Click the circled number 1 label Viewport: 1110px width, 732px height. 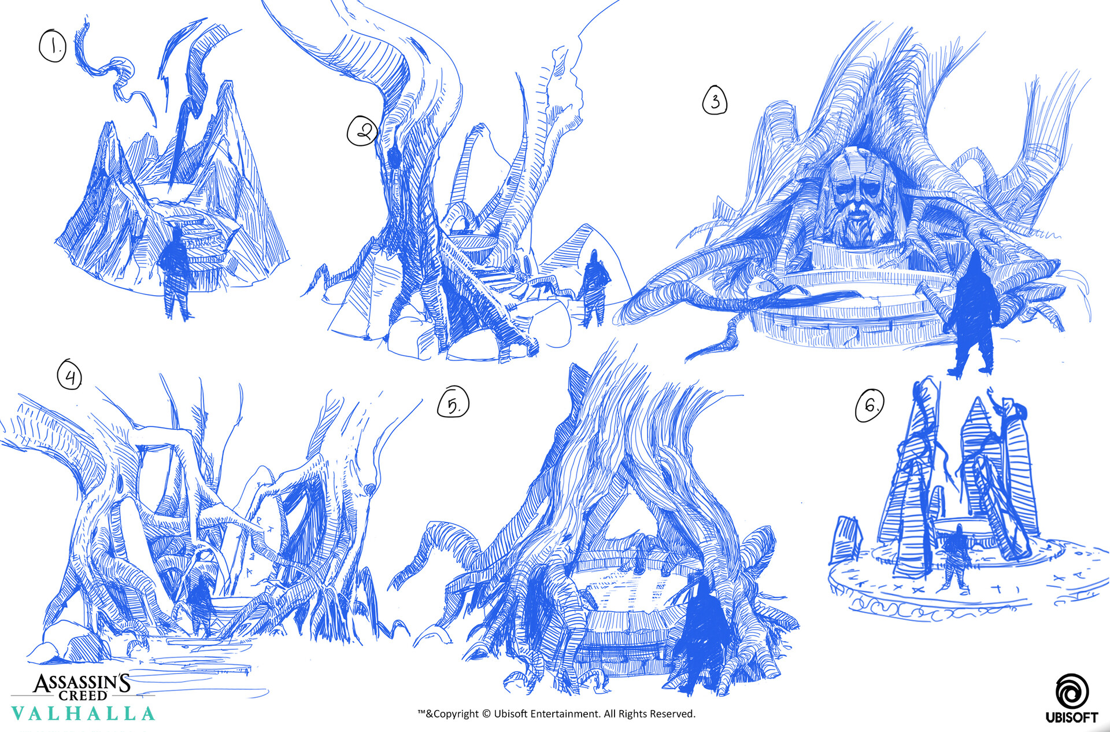(x=53, y=46)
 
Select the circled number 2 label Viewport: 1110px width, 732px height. (x=362, y=131)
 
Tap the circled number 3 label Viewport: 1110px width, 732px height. (x=715, y=101)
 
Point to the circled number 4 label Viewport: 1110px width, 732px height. (x=69, y=375)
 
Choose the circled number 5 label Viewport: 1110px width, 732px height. (x=454, y=403)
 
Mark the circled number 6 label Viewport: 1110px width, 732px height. (x=869, y=405)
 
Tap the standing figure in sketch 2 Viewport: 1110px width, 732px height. (x=593, y=287)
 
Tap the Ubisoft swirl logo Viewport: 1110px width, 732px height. (x=1072, y=691)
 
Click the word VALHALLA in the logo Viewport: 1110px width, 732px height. (x=83, y=713)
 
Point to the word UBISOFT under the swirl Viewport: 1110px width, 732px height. (x=1071, y=718)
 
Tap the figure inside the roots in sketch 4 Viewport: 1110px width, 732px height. (x=201, y=602)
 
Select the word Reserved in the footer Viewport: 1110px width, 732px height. (x=672, y=714)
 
